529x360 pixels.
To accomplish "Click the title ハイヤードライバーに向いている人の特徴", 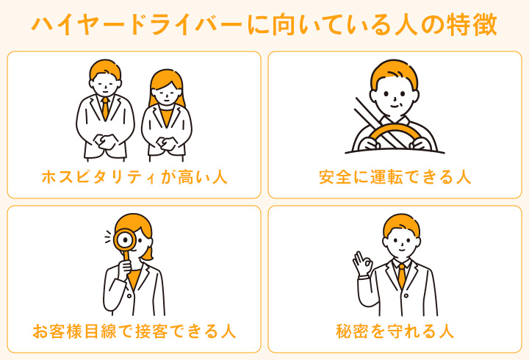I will [x=264, y=25].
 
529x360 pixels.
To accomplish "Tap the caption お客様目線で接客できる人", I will [x=134, y=331].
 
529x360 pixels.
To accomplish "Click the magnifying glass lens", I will [x=126, y=240].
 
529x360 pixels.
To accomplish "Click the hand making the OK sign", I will [x=362, y=264].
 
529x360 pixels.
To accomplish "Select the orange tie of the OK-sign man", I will [x=401, y=275].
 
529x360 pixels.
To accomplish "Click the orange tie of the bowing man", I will [x=106, y=108].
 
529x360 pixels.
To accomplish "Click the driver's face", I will [x=395, y=96].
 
